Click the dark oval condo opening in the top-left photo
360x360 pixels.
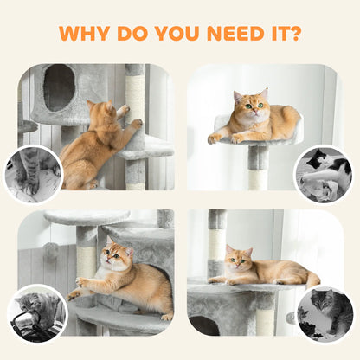coord(59,87)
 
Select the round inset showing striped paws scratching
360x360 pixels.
coord(33,174)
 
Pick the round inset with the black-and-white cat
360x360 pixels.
coord(323,174)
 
